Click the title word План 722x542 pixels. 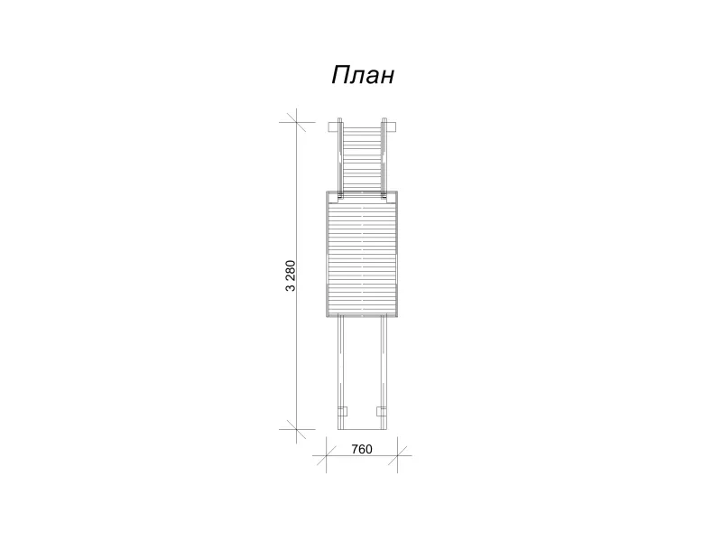pyautogui.click(x=363, y=75)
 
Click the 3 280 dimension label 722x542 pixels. pyautogui.click(x=291, y=276)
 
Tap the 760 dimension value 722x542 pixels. pyautogui.click(x=362, y=449)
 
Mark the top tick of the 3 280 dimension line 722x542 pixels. pyautogui.click(x=296, y=122)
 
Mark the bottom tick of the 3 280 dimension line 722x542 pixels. pyautogui.click(x=296, y=430)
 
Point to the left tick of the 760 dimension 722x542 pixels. pyautogui.click(x=326, y=456)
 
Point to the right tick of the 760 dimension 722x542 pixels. pyautogui.click(x=397, y=456)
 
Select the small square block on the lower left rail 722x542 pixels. pyautogui.click(x=343, y=412)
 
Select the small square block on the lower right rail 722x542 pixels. pyautogui.click(x=381, y=412)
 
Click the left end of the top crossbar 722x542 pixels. pyautogui.click(x=329, y=127)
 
